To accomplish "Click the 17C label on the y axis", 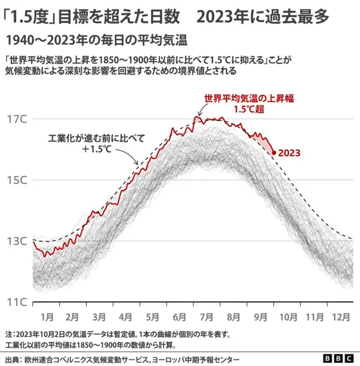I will tap(16, 119).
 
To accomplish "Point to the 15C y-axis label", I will tap(16, 180).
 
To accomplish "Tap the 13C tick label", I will tap(16, 241).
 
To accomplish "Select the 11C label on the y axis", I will tap(16, 302).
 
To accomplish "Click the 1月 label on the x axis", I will tap(47, 317).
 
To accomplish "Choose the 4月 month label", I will tap(125, 317).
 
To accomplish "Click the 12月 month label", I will tap(340, 317).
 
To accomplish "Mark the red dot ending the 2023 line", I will tap(273, 152).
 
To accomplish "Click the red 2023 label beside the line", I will tap(289, 153).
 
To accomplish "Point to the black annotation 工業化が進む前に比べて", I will tap(97, 137).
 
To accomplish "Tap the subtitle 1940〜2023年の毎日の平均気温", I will tap(96, 41).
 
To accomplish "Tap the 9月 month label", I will tap(260, 317).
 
